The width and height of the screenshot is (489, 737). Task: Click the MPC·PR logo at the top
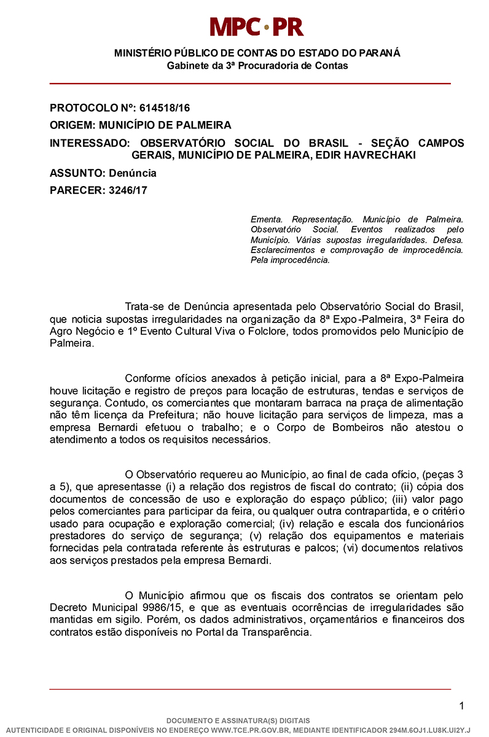pyautogui.click(x=256, y=26)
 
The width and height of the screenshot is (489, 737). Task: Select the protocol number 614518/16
pyautogui.click(x=165, y=107)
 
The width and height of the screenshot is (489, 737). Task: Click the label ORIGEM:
pyautogui.click(x=72, y=125)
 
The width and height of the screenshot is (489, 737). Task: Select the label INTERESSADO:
pyautogui.click(x=90, y=143)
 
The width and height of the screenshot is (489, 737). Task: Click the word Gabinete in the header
pyautogui.click(x=187, y=66)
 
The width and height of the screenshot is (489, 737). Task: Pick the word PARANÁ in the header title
pyautogui.click(x=380, y=53)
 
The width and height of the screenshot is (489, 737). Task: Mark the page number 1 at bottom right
pyautogui.click(x=461, y=706)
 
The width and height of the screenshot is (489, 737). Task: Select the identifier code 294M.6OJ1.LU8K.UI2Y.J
pyautogui.click(x=429, y=730)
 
